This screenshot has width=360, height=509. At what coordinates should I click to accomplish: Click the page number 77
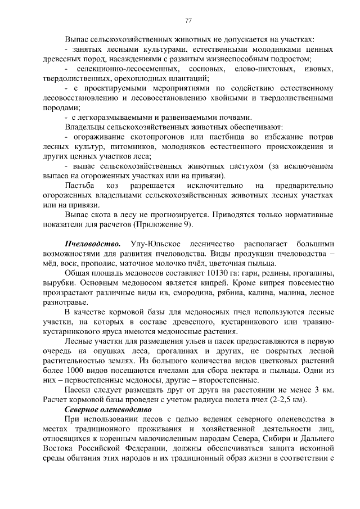tap(188, 21)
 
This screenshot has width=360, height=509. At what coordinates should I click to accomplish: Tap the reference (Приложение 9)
tap(163, 224)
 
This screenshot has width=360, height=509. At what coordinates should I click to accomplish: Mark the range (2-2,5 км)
tap(287, 399)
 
